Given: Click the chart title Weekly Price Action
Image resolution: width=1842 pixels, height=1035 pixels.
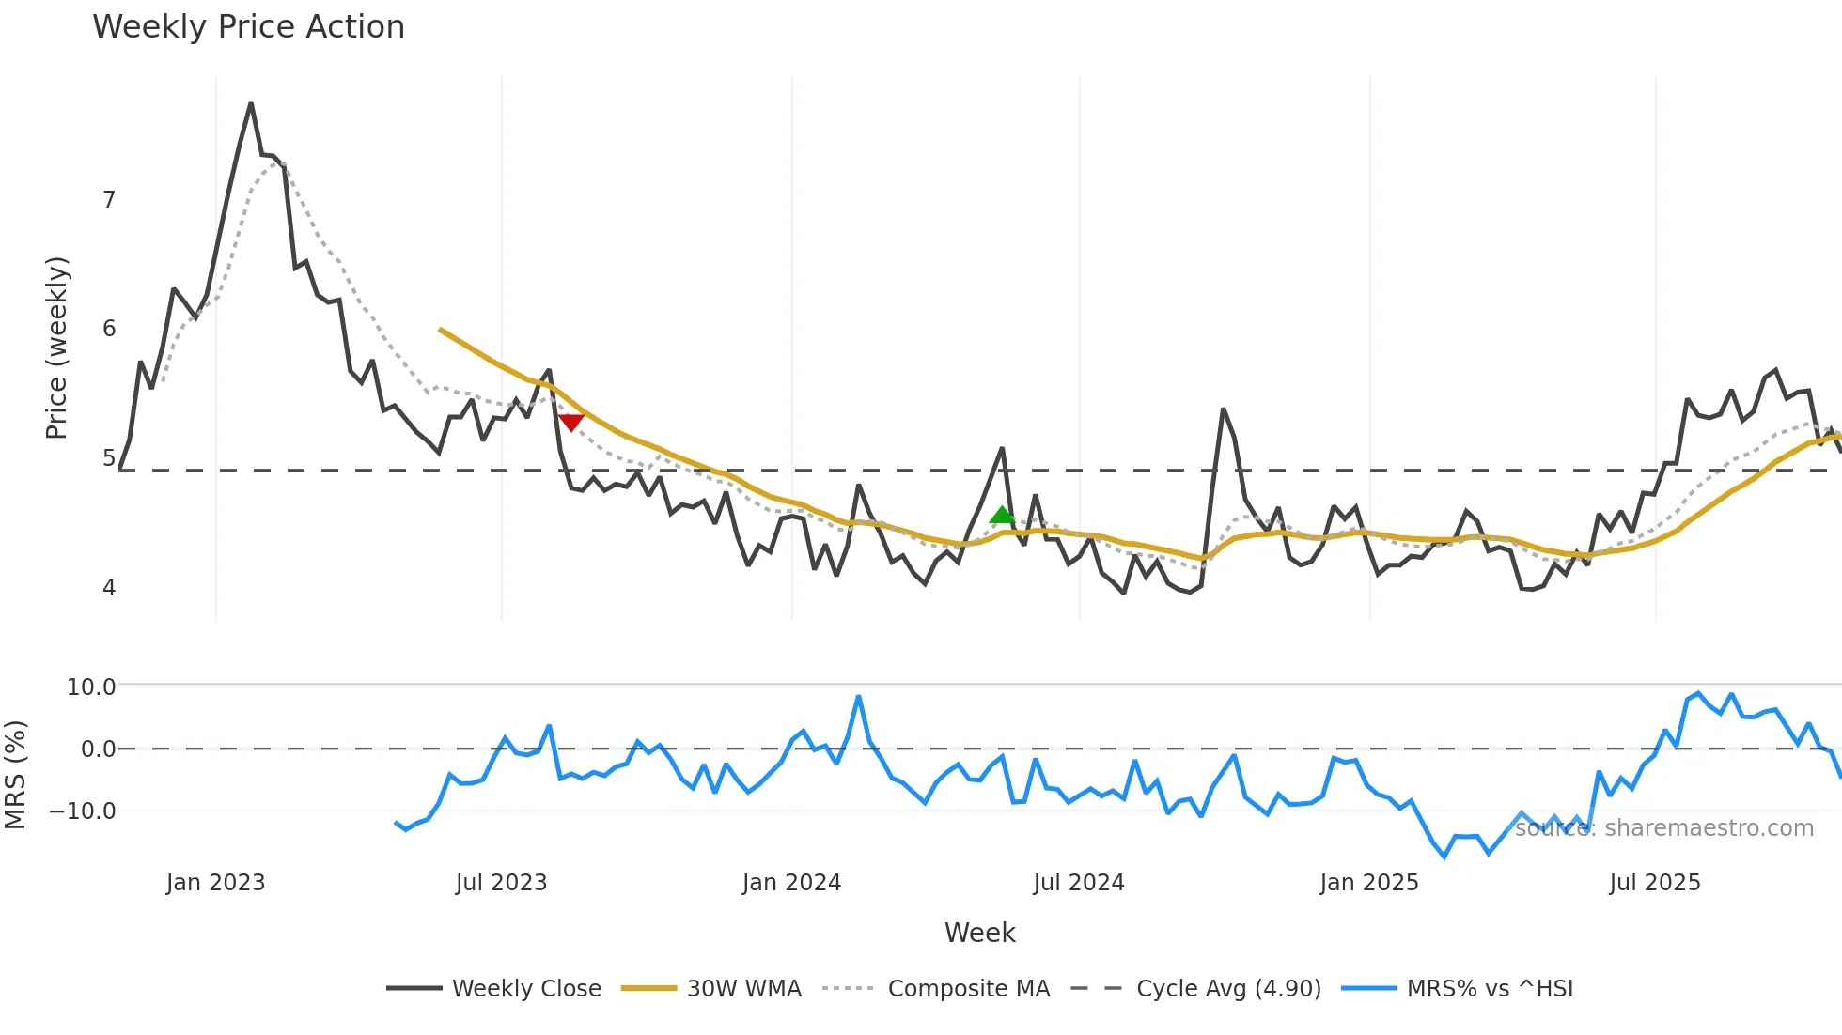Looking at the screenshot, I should click(248, 27).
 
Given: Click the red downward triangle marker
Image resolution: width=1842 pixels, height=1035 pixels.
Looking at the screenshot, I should click(570, 423).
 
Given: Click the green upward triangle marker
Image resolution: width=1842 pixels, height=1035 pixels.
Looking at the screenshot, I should click(1002, 515).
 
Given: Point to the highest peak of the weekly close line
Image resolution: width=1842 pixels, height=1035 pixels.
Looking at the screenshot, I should click(251, 104).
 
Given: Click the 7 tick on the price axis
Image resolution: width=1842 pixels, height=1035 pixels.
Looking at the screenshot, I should click(109, 200).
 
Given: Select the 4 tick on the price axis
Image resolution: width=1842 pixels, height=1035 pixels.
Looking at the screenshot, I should click(109, 588).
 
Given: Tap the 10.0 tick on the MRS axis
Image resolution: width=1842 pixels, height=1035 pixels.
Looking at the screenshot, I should click(91, 687).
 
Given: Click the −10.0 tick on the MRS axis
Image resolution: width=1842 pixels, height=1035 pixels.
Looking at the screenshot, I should click(84, 811).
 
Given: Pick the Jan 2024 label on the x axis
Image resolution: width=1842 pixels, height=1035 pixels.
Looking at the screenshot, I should click(791, 883).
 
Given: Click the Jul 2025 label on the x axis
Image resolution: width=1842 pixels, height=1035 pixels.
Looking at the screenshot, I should click(1654, 883).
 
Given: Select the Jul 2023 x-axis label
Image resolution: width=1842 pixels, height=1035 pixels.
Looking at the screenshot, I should click(501, 883).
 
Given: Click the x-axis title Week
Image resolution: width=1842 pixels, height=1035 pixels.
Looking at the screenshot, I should click(979, 933).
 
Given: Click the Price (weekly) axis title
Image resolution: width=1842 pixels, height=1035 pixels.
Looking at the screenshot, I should click(56, 348).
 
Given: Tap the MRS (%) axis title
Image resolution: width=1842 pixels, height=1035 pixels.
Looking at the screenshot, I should click(16, 775).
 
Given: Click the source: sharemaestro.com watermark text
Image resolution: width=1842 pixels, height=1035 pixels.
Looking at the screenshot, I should click(1663, 828).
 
